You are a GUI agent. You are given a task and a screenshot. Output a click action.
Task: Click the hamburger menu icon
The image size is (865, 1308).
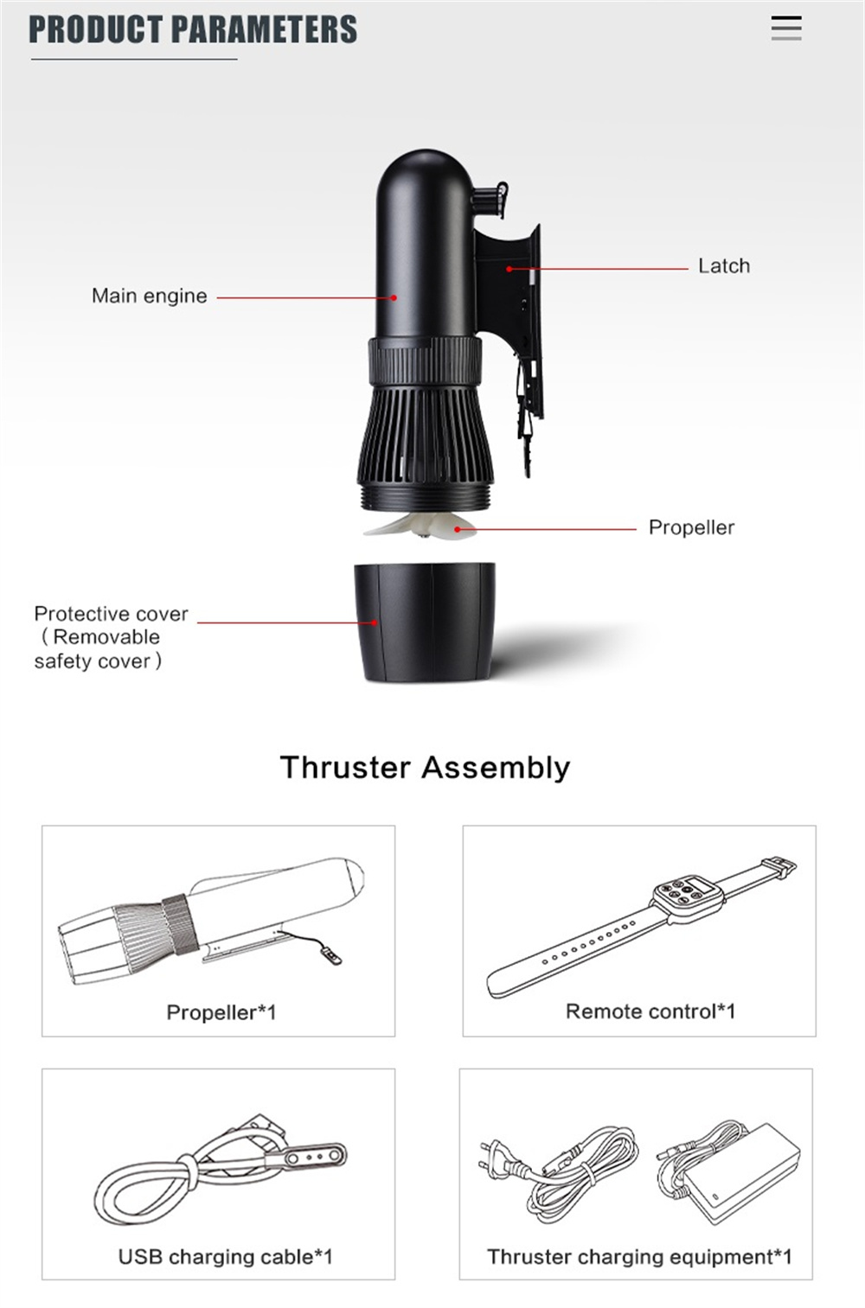(x=786, y=28)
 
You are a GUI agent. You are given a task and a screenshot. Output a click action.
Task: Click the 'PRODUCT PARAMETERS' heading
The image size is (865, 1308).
(x=193, y=29)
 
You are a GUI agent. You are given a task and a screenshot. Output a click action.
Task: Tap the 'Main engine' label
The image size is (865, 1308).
(x=150, y=296)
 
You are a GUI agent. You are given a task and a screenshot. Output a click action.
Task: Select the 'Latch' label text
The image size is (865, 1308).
(x=724, y=266)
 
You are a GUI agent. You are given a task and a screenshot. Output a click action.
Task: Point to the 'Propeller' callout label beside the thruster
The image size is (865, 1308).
(x=691, y=528)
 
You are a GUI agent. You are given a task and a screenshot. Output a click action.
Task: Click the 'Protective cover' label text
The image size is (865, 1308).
(x=111, y=614)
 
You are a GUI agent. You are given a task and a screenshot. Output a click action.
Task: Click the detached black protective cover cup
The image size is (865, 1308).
(x=425, y=622)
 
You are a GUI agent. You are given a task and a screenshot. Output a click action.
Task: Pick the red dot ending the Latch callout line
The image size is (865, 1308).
(x=509, y=269)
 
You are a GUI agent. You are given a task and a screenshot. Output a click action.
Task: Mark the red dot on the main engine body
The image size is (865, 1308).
(x=394, y=297)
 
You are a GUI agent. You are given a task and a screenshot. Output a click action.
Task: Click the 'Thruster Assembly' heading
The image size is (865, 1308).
(x=426, y=768)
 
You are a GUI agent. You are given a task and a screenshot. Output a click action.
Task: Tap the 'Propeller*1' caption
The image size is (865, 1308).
(x=221, y=1012)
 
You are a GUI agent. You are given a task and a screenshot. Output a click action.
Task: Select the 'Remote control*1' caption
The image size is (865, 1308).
(x=650, y=1011)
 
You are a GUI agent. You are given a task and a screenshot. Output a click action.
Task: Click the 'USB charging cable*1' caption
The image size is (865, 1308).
(x=226, y=1256)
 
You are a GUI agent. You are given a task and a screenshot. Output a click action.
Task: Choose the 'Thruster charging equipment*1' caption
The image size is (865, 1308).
(x=639, y=1256)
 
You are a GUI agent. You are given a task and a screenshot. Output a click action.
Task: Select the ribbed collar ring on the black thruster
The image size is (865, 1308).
(x=426, y=360)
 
